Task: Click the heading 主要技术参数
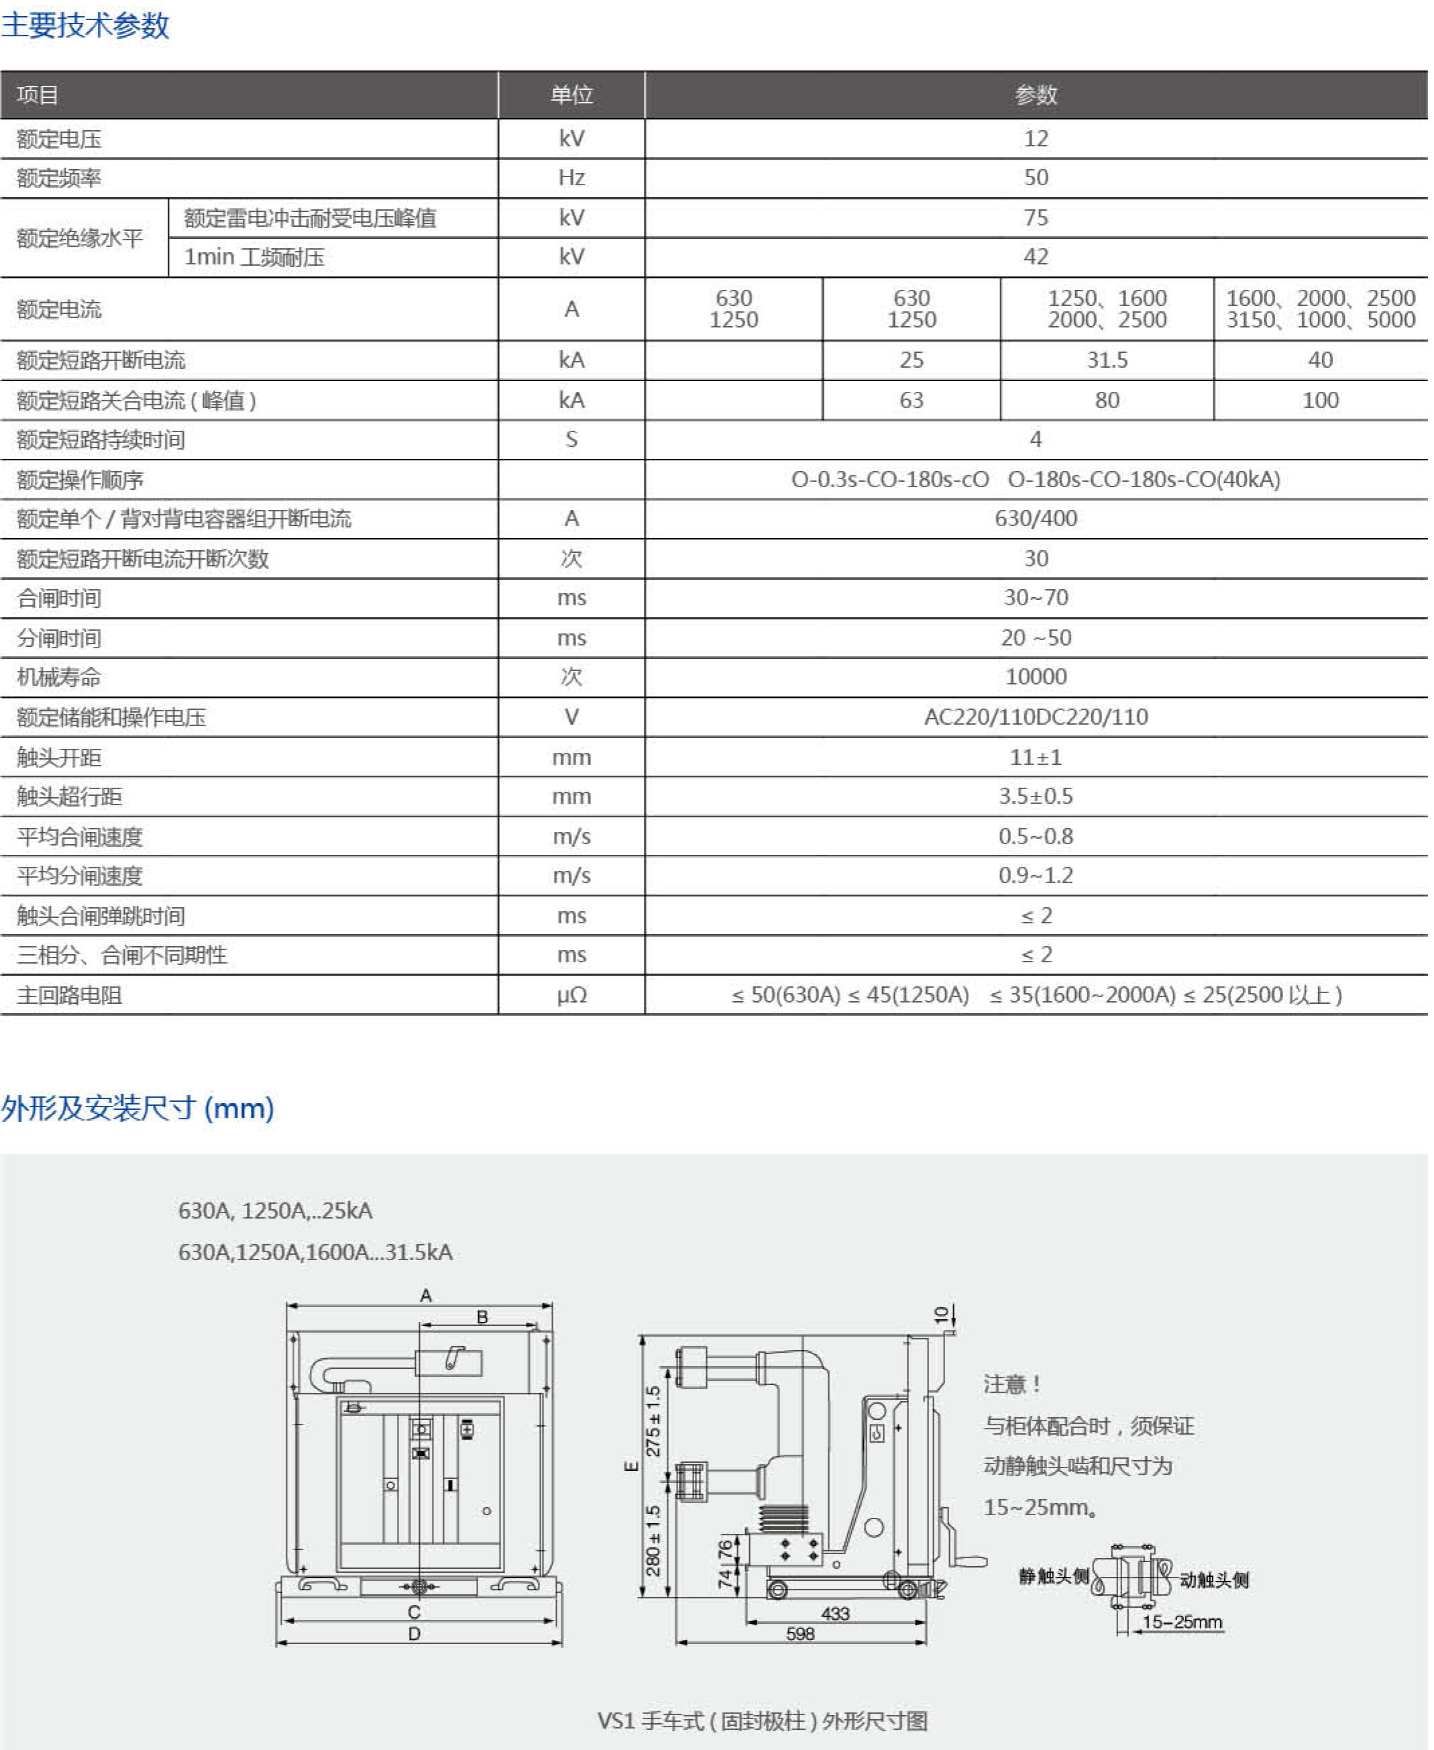(85, 25)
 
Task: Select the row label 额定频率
(60, 178)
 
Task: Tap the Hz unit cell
(571, 178)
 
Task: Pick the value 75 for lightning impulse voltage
(1036, 217)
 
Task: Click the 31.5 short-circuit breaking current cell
(1107, 360)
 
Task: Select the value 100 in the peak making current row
(1320, 401)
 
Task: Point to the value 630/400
(1036, 519)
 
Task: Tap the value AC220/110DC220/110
(1036, 717)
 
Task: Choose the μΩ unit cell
(571, 996)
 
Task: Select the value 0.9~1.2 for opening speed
(1036, 876)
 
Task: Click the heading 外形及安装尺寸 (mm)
(137, 1108)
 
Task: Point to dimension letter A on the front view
(425, 1295)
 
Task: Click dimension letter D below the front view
(414, 1633)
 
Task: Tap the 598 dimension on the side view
(799, 1633)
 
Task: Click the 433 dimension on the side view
(835, 1613)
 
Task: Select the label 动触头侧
(1213, 1580)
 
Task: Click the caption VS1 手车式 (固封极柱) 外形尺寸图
(763, 1720)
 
